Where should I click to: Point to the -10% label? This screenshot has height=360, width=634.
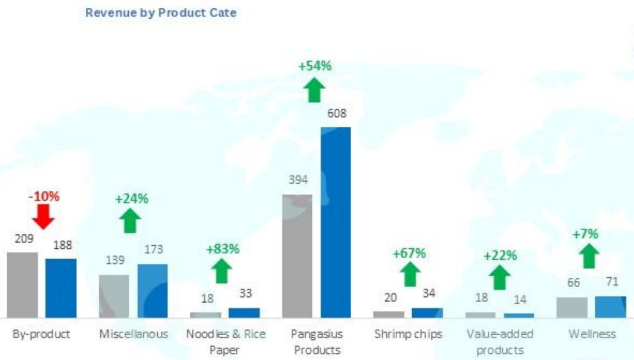pos(44,196)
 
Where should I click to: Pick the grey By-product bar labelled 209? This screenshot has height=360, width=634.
pos(22,284)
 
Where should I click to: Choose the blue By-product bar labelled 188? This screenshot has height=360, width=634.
pos(60,288)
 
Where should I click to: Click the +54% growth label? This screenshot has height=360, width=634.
pos(315,66)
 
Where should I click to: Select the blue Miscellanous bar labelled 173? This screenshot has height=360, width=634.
pos(152,291)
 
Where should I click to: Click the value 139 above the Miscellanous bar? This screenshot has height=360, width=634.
pos(114,260)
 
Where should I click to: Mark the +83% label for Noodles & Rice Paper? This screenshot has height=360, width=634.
pos(223,248)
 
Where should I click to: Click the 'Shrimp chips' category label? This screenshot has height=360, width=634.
pos(408,334)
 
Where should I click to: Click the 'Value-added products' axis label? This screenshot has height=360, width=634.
pos(499,342)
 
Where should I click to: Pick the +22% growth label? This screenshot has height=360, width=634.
pos(500,256)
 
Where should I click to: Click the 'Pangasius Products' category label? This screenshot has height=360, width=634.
pos(316,342)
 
